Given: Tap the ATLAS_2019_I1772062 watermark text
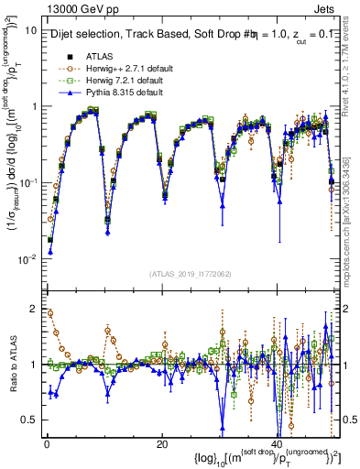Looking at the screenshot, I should point(189,273).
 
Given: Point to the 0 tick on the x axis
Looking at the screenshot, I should point(47,443).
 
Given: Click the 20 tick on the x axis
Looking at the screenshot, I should point(162,443).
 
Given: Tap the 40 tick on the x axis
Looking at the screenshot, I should point(278,443).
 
